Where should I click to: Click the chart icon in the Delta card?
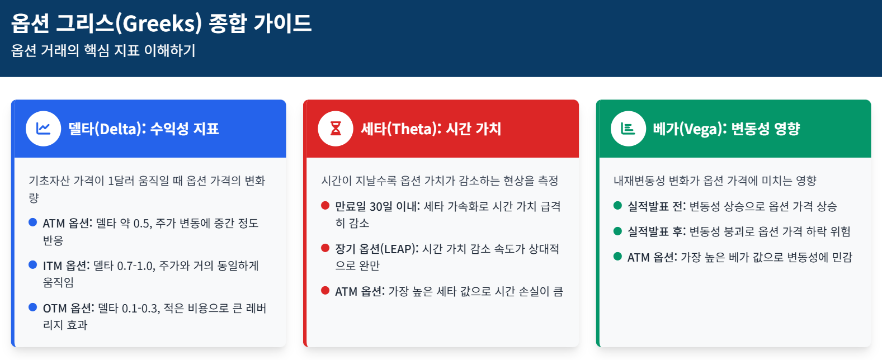43,129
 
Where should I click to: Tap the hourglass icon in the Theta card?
336,129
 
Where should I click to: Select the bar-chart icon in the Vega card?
628,129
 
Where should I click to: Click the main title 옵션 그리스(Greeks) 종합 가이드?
162,23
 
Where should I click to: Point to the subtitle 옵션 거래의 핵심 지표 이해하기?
103,50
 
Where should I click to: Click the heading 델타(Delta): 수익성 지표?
144,129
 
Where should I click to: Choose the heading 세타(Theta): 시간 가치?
431,129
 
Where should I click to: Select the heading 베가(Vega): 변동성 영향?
727,129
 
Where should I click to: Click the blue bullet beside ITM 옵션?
33,265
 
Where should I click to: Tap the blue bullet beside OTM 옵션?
33,307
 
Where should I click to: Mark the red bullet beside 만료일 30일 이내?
325,206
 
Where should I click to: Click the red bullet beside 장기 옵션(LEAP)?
325,248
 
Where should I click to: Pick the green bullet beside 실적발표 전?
617,206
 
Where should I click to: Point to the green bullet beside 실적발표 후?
617,231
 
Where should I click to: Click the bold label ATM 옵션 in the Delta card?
67,224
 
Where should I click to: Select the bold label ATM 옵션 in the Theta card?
359,292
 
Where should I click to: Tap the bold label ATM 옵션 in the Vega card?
652,258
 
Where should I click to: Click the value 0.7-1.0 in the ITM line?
135,266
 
